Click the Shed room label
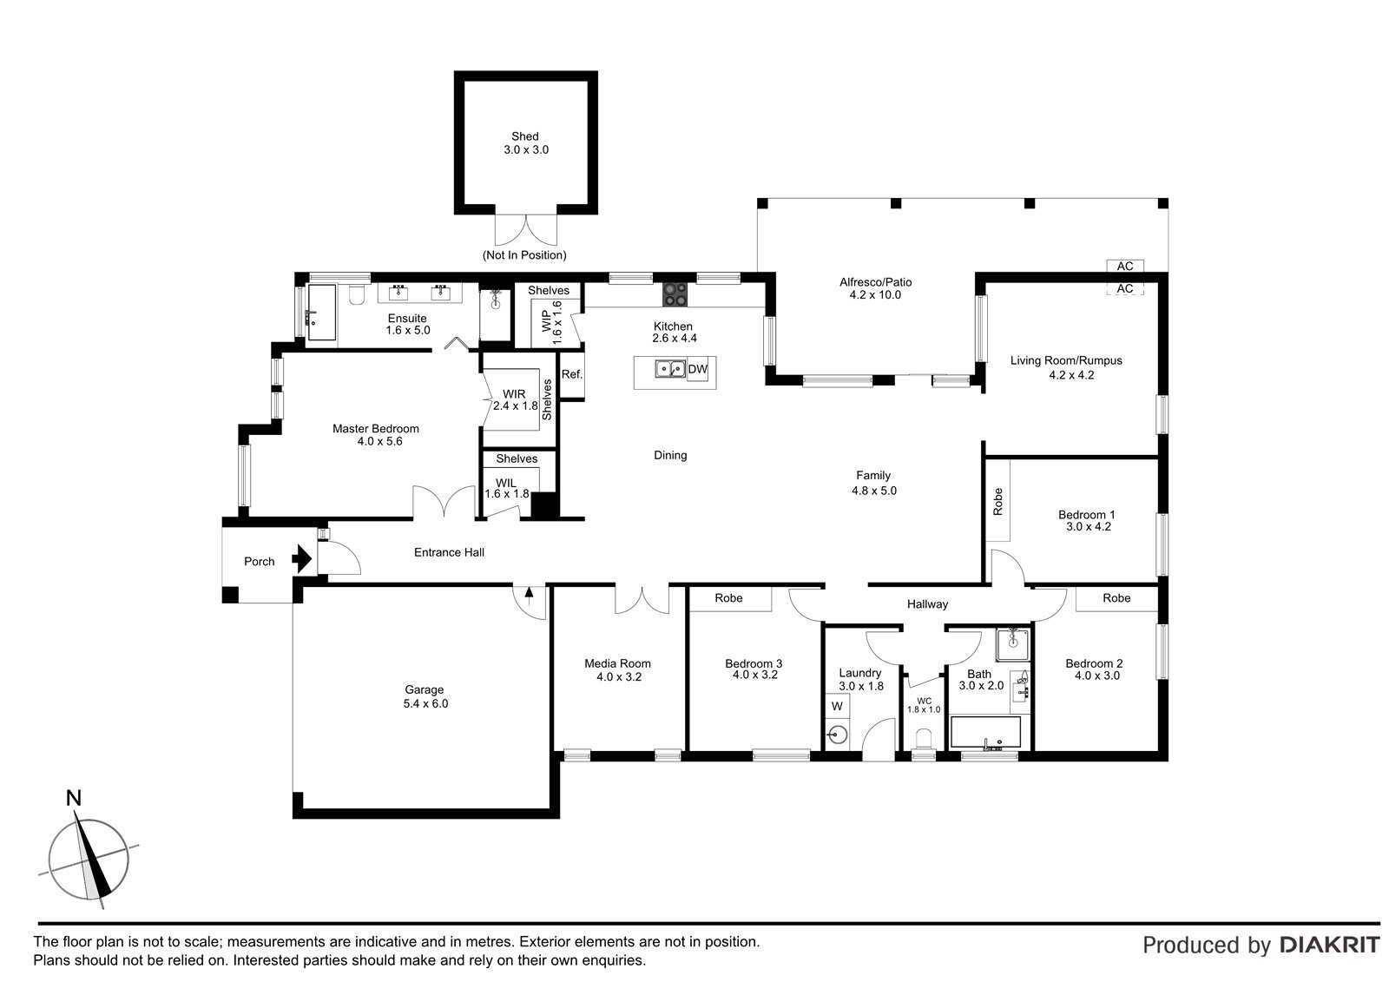coord(525,136)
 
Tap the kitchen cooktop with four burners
coord(675,294)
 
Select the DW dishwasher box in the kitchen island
coord(698,370)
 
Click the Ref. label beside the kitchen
coord(572,374)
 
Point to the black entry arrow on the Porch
coord(302,558)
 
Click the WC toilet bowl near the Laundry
coord(924,738)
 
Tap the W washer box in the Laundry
coord(837,706)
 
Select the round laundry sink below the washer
coord(837,735)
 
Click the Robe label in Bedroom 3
coord(728,598)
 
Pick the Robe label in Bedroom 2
coord(1116,598)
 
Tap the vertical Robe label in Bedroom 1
coord(997,501)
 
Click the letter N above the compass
coord(74,798)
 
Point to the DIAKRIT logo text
coord(1330,946)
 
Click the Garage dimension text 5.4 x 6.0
coord(425,703)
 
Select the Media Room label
coord(617,663)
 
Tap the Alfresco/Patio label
coord(876,282)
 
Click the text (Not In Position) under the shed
coord(524,255)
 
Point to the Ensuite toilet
coord(356,294)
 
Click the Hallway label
coord(928,604)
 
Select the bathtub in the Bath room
coord(985,733)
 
